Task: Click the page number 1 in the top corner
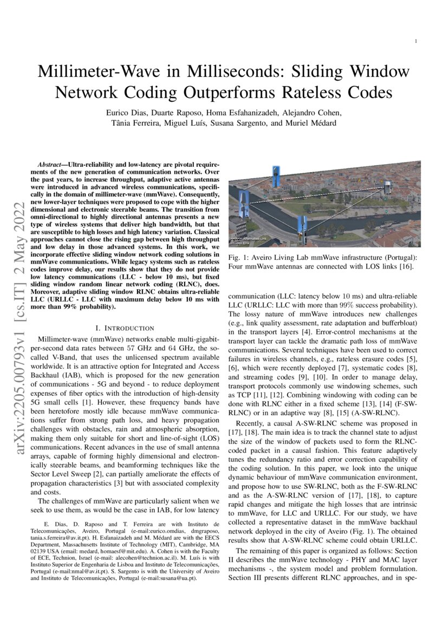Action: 415,41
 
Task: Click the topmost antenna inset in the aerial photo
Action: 276,174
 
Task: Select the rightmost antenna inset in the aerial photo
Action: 388,187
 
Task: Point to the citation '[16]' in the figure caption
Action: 406,266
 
